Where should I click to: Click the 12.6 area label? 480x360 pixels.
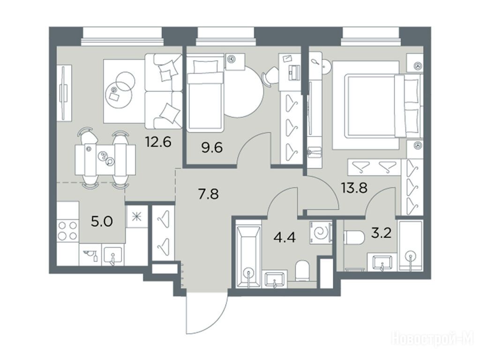(158, 142)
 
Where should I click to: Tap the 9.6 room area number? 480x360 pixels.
(212, 148)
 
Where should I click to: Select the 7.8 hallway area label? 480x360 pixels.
(208, 194)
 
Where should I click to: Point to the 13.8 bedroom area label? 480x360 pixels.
(354, 187)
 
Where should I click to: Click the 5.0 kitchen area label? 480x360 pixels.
(102, 221)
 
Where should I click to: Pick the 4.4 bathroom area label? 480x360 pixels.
(285, 237)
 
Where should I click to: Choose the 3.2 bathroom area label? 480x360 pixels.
(381, 234)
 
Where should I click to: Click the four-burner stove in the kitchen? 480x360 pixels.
(67, 231)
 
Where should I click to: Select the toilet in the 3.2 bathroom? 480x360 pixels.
(354, 237)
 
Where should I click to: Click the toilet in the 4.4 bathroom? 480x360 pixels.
(303, 271)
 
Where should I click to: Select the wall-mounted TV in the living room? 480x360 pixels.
(64, 92)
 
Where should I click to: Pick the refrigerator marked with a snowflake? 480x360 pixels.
(136, 217)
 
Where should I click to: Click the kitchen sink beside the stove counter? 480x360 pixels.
(113, 255)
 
